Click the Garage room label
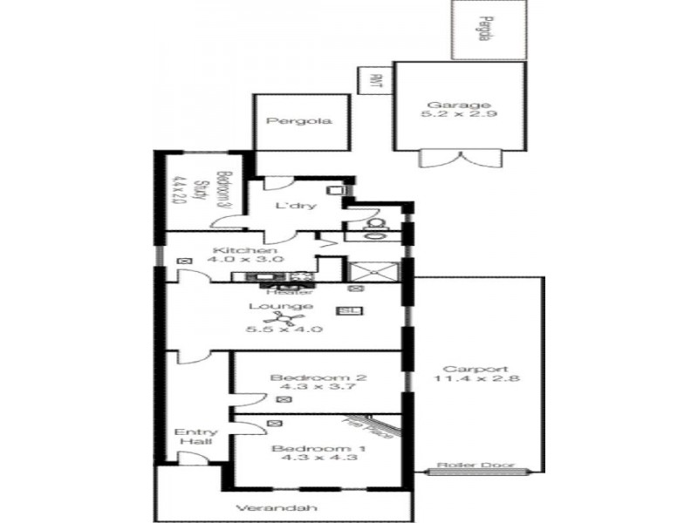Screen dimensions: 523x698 (x=459, y=105)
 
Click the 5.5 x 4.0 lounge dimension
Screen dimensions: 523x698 (x=284, y=329)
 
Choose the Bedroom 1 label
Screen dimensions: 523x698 (x=306, y=450)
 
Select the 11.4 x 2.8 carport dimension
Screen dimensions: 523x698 (x=476, y=378)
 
